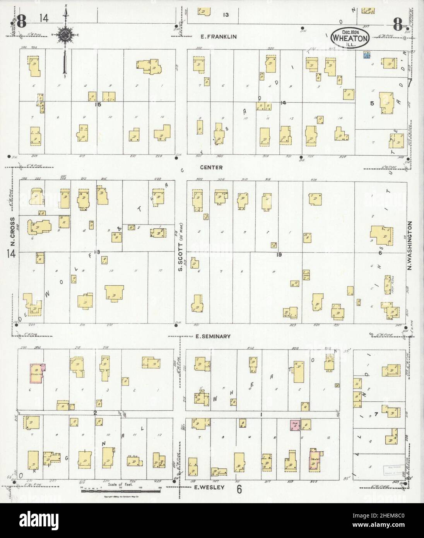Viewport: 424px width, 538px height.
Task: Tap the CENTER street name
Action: point(211,168)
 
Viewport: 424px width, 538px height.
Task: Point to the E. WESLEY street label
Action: point(209,487)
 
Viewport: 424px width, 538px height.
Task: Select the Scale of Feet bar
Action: point(120,491)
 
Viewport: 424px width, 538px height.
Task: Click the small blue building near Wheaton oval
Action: point(366,55)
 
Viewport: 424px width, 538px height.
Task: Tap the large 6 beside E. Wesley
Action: point(239,489)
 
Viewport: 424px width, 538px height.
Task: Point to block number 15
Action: point(98,104)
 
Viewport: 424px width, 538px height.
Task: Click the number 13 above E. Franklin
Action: point(226,15)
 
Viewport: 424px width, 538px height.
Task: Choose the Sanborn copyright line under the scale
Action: point(120,497)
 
